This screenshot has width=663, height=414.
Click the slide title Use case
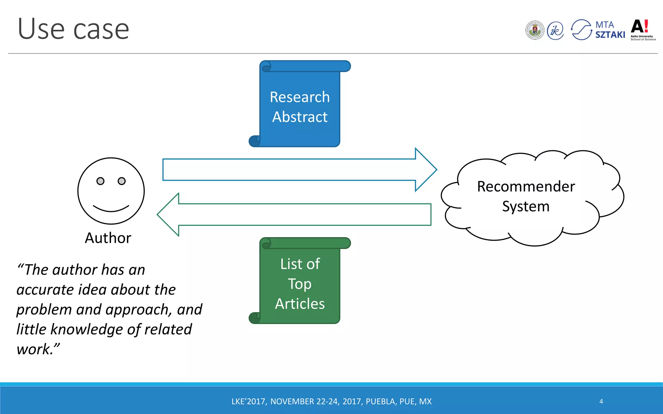[x=73, y=29]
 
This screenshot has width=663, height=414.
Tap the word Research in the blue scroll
[x=300, y=97]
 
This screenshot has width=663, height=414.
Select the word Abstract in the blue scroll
[x=300, y=117]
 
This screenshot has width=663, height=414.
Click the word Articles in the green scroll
[x=300, y=304]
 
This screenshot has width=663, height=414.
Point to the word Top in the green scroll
[x=300, y=284]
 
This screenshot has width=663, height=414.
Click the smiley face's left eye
[x=100, y=181]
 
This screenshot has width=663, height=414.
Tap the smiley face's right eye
[x=122, y=181]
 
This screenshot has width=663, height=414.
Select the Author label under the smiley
[x=108, y=238]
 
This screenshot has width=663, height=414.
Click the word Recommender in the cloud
[x=526, y=187]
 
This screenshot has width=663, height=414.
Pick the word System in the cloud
[x=526, y=206]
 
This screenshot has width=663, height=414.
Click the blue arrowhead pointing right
[x=426, y=169]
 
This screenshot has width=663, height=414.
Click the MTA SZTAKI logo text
[x=610, y=30]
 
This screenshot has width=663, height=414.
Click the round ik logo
[x=556, y=31]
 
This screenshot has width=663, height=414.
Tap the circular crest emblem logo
[x=535, y=30]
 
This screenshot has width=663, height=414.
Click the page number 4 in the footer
[x=601, y=401]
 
